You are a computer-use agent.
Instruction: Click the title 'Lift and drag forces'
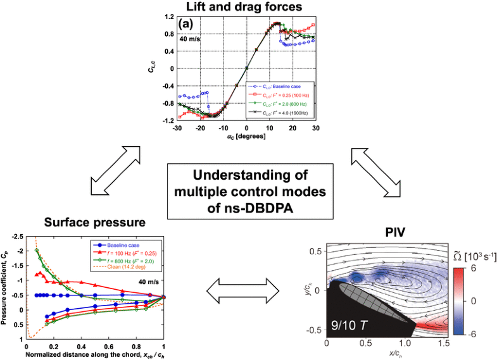(x=248, y=6)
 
